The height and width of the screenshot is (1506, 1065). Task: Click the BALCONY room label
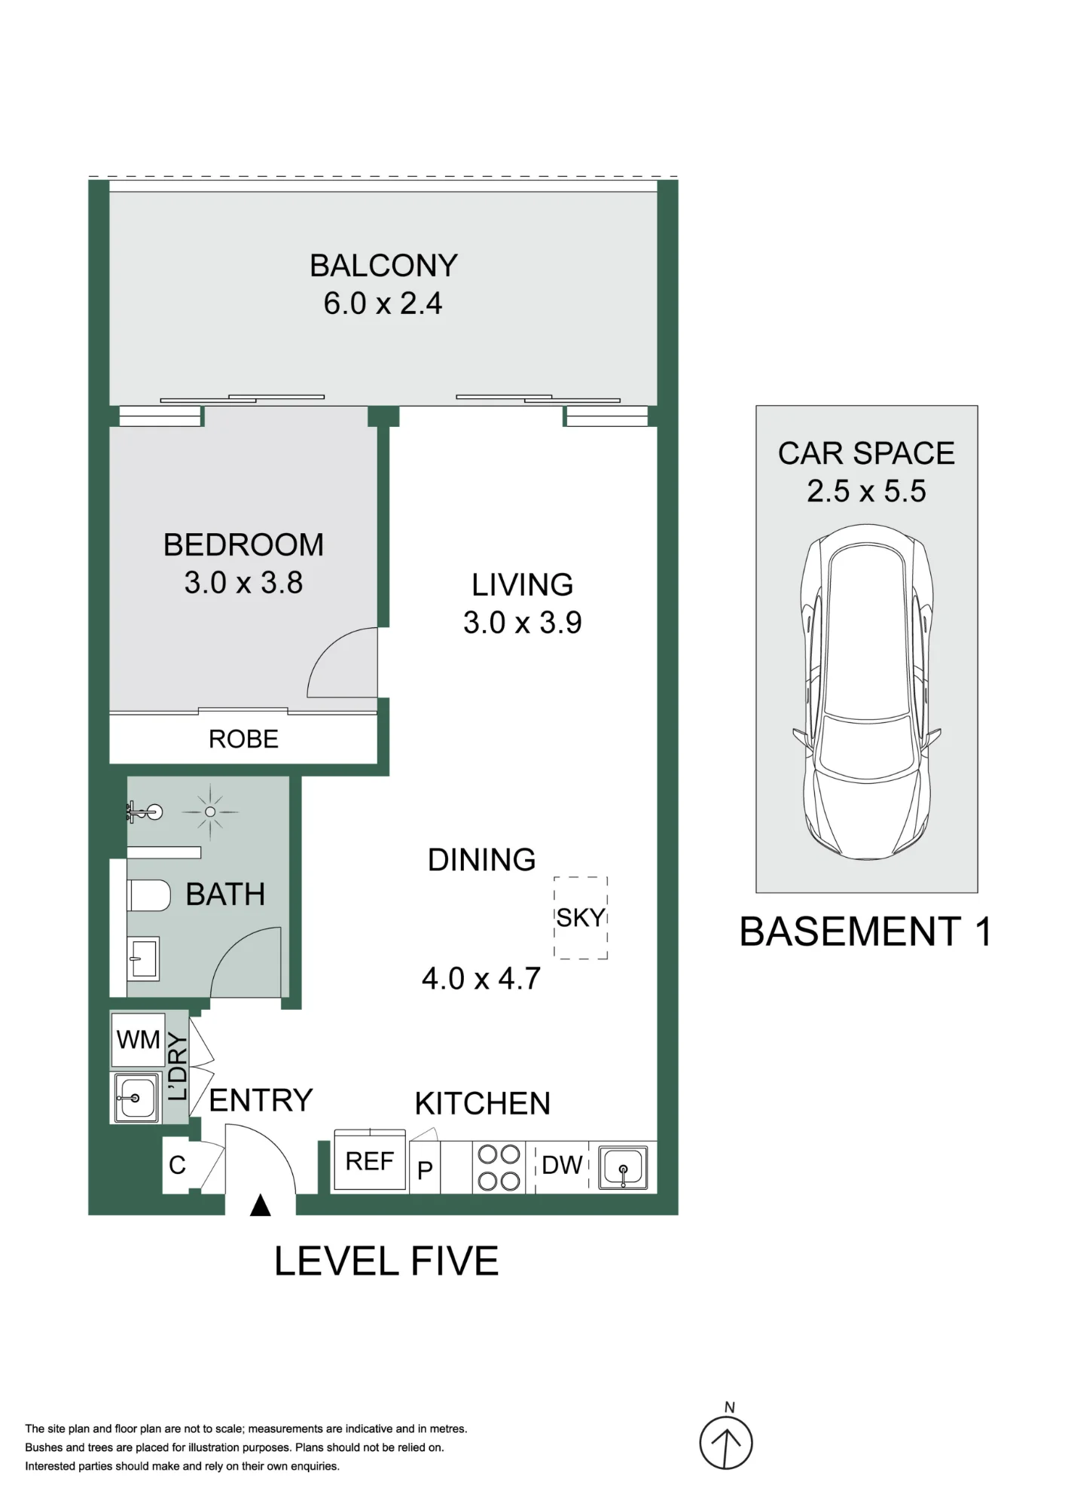(x=383, y=266)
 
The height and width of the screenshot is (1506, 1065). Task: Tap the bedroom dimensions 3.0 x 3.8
(x=243, y=583)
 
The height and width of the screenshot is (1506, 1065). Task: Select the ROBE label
(x=243, y=739)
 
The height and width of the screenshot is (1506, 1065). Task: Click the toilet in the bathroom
(x=149, y=895)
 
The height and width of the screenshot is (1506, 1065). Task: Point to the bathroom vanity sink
(x=142, y=959)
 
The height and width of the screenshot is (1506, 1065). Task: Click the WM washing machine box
(x=138, y=1040)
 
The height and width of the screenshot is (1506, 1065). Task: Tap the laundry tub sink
(x=136, y=1097)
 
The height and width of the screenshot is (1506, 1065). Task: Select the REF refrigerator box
(x=370, y=1161)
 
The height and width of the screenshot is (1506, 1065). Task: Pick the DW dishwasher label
(x=562, y=1166)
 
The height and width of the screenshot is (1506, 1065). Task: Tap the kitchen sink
(x=623, y=1168)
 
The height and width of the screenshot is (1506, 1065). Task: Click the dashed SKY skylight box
(x=581, y=918)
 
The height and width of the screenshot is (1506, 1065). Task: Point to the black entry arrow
(x=260, y=1206)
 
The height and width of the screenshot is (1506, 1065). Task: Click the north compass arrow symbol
(x=726, y=1443)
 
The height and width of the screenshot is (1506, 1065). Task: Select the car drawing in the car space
(x=866, y=692)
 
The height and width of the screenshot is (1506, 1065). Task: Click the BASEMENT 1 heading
(x=865, y=931)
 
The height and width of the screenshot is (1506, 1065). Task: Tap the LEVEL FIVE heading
(x=386, y=1261)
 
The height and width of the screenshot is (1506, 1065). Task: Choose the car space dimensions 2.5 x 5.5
(x=866, y=491)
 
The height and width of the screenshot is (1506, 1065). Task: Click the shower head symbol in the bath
(x=210, y=812)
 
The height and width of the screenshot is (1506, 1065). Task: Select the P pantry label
(x=425, y=1170)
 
